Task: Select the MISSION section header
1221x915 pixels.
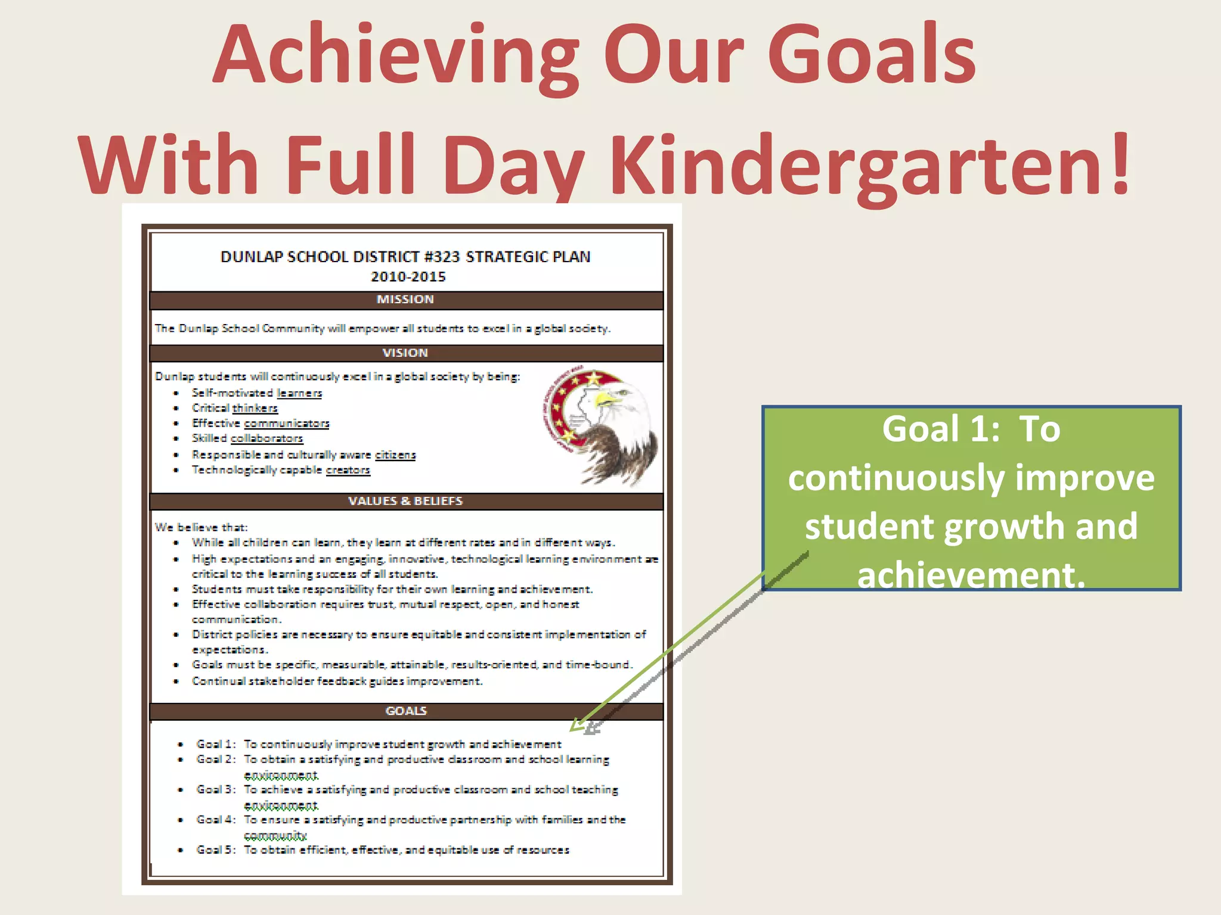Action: [405, 300]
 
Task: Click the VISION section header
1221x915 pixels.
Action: [405, 353]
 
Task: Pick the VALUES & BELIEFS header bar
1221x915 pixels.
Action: [405, 501]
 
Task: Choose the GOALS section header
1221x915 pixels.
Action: [406, 711]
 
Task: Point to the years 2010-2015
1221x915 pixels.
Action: [408, 277]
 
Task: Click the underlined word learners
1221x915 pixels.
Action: [299, 393]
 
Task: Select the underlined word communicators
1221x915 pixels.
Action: [287, 424]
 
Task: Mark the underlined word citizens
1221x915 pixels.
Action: [395, 455]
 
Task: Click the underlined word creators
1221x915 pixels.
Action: [348, 470]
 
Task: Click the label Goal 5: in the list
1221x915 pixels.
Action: [216, 850]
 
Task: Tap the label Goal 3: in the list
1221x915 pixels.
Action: [216, 790]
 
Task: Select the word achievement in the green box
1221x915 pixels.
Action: [971, 575]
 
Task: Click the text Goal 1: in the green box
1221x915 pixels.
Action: [941, 429]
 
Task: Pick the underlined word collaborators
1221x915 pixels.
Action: [267, 438]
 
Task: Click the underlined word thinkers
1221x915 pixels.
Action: [255, 408]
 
